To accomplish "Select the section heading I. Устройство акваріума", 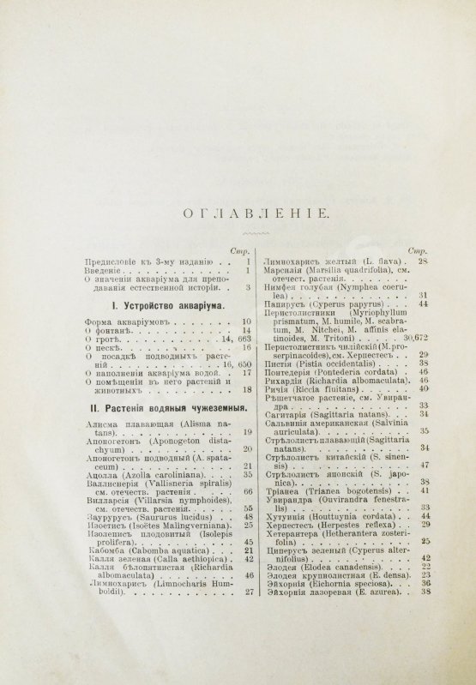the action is click(168, 304).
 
